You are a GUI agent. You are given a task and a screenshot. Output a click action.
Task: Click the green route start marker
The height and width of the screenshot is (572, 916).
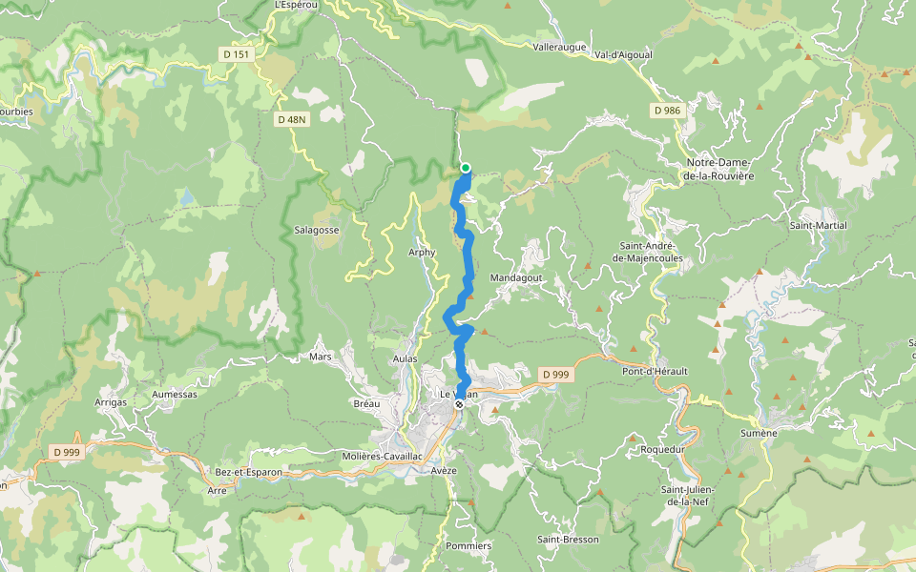tap(466, 168)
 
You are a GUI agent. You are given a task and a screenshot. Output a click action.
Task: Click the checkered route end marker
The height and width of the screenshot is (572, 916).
tap(459, 404)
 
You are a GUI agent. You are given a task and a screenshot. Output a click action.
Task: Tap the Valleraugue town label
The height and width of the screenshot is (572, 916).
tap(559, 46)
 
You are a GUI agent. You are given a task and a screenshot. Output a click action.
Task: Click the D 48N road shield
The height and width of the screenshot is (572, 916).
tap(291, 119)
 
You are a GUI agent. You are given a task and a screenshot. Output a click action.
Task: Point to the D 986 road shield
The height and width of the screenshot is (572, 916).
tap(668, 111)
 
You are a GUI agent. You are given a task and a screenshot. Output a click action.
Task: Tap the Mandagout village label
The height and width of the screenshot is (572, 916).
tap(515, 277)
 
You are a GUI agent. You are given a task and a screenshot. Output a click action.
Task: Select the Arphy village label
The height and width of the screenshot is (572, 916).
tap(421, 253)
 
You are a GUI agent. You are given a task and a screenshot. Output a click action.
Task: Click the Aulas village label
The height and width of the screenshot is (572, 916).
tap(406, 357)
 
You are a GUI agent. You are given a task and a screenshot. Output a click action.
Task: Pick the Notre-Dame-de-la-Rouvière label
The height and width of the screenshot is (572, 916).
tap(718, 170)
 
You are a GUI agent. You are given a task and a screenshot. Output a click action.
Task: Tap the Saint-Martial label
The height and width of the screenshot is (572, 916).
tap(818, 225)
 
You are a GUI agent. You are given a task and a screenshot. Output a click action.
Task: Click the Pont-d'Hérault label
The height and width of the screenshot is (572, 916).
tap(655, 371)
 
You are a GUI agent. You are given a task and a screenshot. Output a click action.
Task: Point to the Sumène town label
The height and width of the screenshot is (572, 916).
tap(760, 433)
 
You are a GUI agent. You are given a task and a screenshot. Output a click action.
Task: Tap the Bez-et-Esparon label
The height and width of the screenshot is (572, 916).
tap(247, 472)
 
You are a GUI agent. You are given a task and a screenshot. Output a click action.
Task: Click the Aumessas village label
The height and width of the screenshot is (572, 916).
tap(174, 394)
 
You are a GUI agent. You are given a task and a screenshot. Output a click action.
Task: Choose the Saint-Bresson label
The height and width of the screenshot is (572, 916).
tap(568, 540)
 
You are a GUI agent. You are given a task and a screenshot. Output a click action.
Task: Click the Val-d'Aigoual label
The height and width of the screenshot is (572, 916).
tap(623, 54)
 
